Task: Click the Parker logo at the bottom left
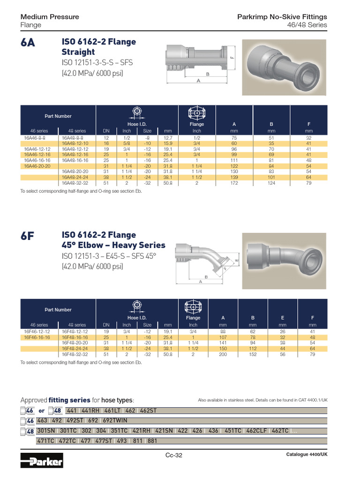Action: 42,462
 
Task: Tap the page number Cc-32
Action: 173,455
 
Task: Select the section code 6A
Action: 28,43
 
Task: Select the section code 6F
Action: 28,236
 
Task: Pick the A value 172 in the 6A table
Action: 234,183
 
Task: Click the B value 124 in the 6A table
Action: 271,183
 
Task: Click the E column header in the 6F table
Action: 282,317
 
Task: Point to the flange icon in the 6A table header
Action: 196,114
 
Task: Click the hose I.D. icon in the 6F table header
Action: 137,307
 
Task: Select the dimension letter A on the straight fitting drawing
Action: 198,81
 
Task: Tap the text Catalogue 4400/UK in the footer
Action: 307,455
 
